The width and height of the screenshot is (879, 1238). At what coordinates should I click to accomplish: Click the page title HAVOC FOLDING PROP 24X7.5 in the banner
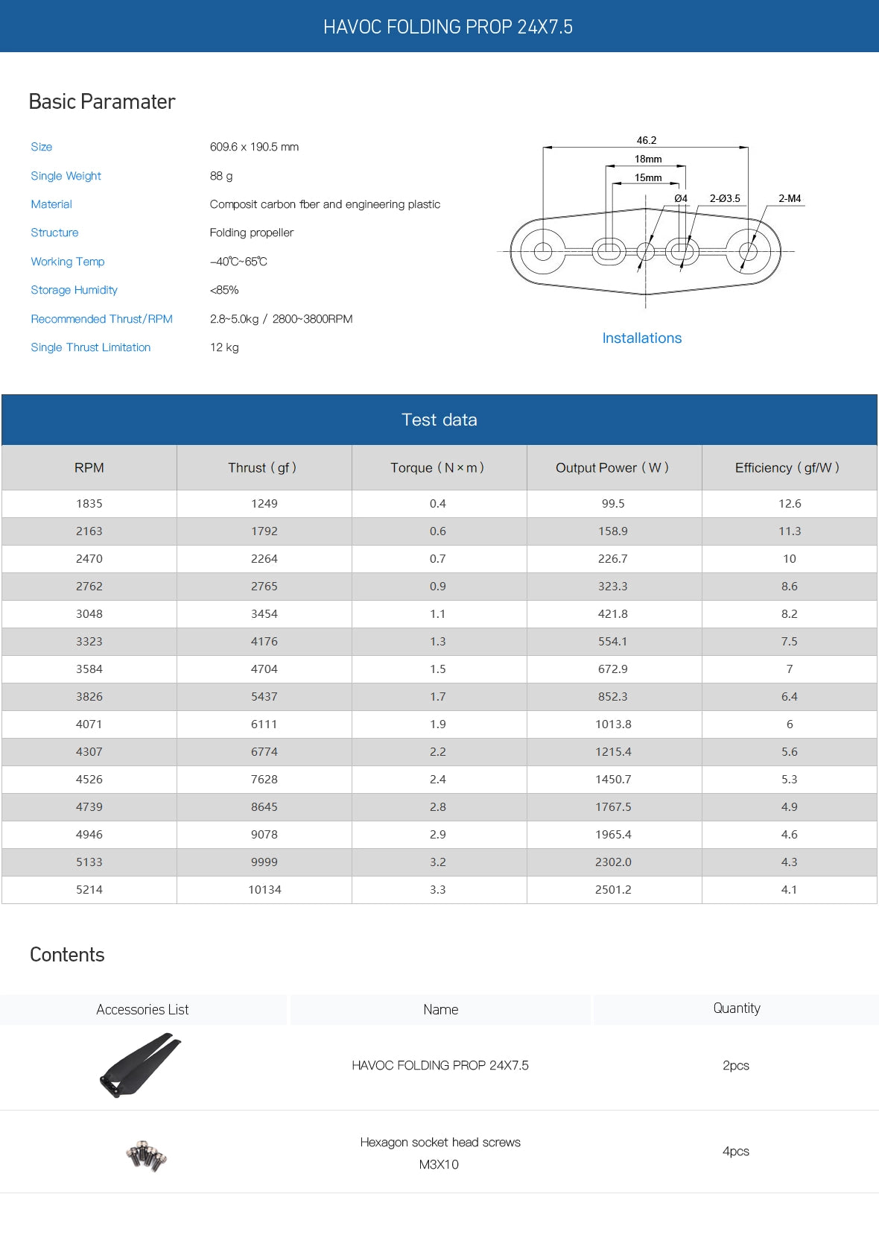448,27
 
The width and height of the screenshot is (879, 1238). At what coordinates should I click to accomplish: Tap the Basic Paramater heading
102,101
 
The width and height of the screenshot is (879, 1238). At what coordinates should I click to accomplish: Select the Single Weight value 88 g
221,176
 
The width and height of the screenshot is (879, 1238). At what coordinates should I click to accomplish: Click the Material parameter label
51,204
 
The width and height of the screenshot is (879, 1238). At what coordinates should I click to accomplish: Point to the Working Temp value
238,262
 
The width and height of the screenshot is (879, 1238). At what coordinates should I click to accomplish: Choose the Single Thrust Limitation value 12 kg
224,347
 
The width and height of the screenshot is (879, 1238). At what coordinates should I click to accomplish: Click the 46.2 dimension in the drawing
647,140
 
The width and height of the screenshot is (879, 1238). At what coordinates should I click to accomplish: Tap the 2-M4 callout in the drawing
790,198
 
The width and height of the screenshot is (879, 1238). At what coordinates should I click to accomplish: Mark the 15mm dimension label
648,177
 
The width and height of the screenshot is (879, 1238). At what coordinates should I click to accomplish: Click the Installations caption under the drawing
642,338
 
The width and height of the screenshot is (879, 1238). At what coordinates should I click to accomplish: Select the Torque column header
437,468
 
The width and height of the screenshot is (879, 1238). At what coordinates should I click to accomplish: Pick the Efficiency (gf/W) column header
787,468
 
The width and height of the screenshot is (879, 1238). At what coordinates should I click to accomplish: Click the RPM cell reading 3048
89,614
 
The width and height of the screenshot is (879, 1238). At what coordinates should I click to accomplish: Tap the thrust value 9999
264,862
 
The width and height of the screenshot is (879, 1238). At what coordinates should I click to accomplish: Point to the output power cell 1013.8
613,724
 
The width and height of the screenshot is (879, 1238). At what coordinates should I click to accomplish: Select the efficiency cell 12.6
790,504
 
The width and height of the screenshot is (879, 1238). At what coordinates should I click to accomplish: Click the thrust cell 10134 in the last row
264,890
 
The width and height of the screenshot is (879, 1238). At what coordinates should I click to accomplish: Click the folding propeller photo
140,1065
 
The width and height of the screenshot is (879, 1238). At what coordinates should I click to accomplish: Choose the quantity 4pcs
736,1152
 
